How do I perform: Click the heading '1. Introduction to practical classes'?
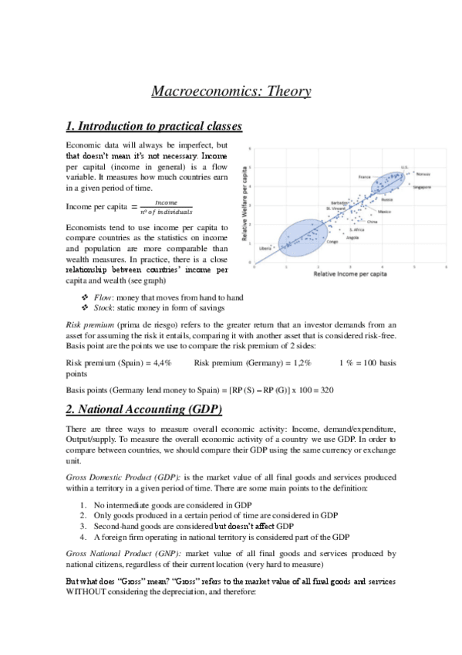tap(154, 126)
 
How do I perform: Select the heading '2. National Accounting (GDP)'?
tap(144, 408)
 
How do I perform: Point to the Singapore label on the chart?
tap(421, 187)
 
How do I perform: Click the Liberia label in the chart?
tap(266, 248)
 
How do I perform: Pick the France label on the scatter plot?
tap(366, 177)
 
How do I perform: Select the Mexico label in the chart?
tap(384, 211)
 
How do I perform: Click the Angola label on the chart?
tap(352, 237)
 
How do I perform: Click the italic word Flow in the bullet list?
tap(102, 297)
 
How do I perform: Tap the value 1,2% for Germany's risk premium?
tap(298, 362)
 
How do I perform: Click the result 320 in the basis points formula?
tap(325, 390)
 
